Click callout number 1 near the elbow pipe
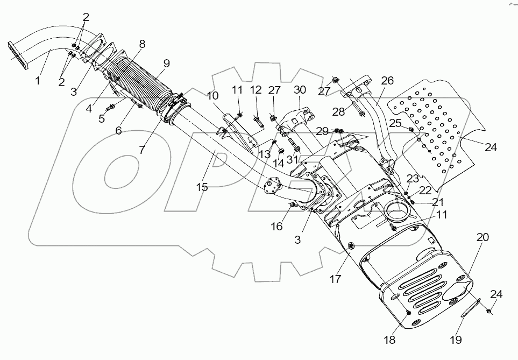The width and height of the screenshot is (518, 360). (38, 81)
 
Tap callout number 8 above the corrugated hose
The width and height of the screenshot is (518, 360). (142, 44)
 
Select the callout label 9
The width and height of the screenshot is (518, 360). (166, 63)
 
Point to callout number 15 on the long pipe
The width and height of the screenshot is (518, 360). (202, 187)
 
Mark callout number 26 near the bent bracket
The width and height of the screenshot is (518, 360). (387, 81)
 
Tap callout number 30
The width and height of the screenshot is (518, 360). (300, 89)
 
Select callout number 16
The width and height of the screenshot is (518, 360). (276, 227)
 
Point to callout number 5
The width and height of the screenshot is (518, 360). (102, 119)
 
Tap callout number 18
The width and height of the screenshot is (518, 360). (389, 340)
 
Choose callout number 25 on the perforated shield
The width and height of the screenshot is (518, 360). (395, 123)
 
